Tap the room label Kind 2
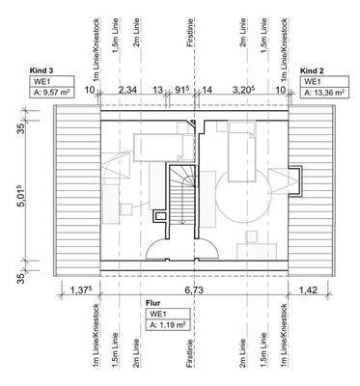coord(311,71)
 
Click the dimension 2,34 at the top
coord(126,90)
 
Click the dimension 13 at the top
coord(157,90)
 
